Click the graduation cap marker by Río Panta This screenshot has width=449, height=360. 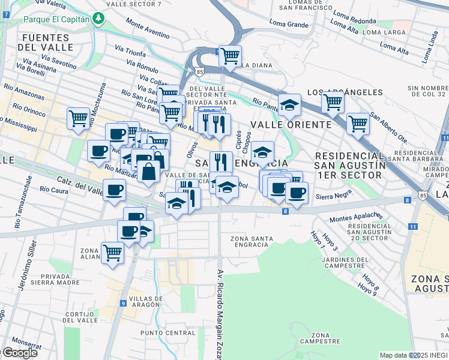pyautogui.click(x=289, y=104)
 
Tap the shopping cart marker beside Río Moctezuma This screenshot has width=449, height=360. pyautogui.click(x=78, y=119)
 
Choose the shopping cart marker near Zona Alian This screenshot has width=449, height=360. pyautogui.click(x=112, y=253)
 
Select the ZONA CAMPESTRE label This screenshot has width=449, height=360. pyautogui.click(x=316, y=338)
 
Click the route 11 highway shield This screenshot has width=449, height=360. pyautogui.click(x=412, y=226)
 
